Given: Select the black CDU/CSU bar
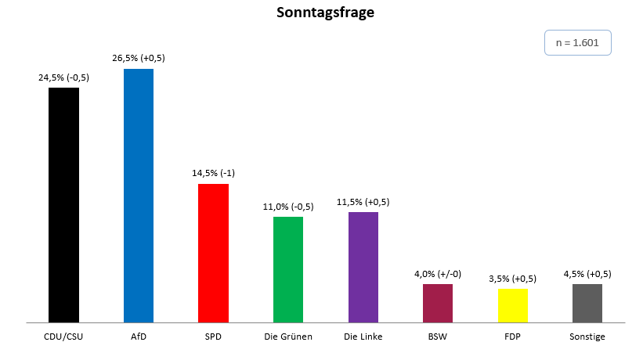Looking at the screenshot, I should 63,204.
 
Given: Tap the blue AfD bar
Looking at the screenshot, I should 139,195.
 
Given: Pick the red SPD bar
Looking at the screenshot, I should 213,253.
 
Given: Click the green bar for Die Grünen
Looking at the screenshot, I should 288,269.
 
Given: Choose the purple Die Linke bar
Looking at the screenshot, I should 363,267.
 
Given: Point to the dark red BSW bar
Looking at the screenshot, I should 438,303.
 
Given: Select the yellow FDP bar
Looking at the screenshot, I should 512,305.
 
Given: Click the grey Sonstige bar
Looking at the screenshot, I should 587,303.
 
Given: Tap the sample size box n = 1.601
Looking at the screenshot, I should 577,43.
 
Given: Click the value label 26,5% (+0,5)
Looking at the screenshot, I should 139,58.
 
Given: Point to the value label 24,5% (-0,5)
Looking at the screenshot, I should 64,77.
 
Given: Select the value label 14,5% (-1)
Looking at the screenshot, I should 214,174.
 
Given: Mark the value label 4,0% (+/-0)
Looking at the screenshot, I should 438,274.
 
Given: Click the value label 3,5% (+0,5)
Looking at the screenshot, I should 513,279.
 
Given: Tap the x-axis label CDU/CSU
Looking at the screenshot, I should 64,337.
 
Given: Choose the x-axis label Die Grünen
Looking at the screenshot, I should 288,337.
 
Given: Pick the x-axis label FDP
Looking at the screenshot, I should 512,337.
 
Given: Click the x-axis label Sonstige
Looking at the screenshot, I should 587,337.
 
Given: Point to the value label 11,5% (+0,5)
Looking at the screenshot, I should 363,202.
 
